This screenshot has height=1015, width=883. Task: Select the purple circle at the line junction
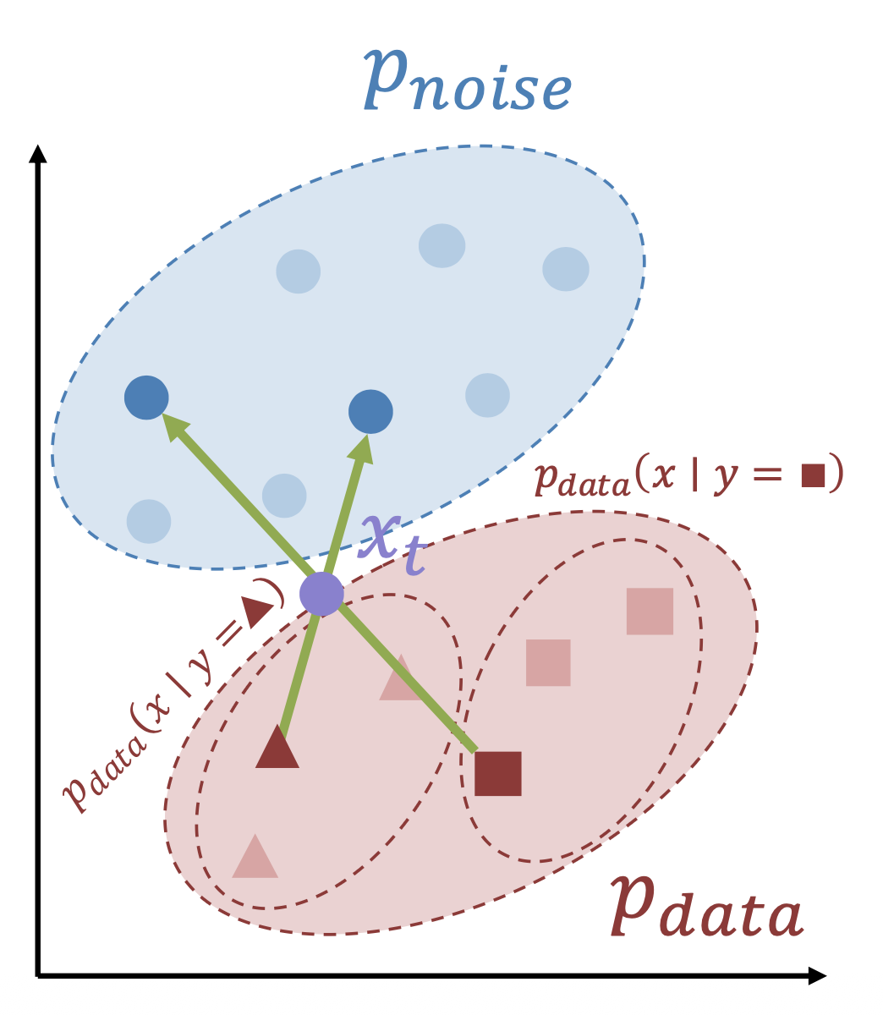pyautogui.click(x=321, y=593)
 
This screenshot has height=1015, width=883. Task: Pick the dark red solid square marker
pyautogui.click(x=497, y=773)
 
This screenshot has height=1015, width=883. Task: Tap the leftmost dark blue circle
pyautogui.click(x=146, y=397)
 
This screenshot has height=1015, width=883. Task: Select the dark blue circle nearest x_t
pyautogui.click(x=370, y=412)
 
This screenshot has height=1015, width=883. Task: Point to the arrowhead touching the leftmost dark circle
pyautogui.click(x=173, y=426)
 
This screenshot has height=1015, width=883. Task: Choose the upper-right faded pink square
pyautogui.click(x=650, y=611)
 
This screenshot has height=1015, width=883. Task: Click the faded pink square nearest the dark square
pyautogui.click(x=548, y=662)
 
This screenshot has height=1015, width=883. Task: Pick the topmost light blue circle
pyautogui.click(x=441, y=245)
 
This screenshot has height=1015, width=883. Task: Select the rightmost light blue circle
pyautogui.click(x=565, y=268)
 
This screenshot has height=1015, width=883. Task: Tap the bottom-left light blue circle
pyautogui.click(x=149, y=521)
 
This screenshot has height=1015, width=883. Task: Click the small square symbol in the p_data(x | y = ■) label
pyautogui.click(x=812, y=475)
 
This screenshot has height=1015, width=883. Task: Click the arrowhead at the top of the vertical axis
pyautogui.click(x=36, y=155)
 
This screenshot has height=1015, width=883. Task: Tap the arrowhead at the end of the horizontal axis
pyautogui.click(x=816, y=975)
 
